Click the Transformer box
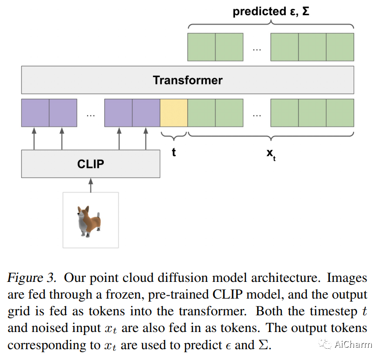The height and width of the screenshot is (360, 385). tap(187, 80)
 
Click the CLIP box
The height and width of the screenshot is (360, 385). tap(90, 164)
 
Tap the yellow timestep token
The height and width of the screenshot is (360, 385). tap(174, 112)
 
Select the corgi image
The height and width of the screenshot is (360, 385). tap(90, 220)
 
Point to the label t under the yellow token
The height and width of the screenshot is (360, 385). tap(174, 152)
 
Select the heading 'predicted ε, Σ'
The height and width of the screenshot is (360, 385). tap(271, 12)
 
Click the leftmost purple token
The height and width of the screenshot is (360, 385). tap(35, 112)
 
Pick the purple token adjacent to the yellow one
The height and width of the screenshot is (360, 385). tap(146, 112)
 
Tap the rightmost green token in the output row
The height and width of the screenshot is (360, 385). tap(340, 47)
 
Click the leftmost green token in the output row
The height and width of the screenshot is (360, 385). tap(202, 47)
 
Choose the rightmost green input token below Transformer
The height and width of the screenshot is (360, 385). tap(340, 112)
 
